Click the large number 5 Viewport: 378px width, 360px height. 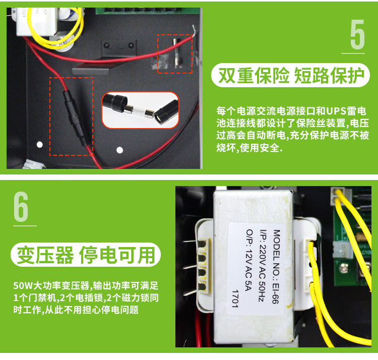[357, 34]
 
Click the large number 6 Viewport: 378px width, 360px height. [21, 207]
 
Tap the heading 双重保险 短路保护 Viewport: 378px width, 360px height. [291, 76]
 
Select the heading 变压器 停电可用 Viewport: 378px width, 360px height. [86, 255]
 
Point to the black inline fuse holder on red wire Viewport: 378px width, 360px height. [74, 117]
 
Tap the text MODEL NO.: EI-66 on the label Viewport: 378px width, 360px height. [276, 266]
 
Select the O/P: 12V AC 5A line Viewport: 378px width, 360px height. [249, 260]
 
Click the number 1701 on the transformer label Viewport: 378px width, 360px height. [235, 299]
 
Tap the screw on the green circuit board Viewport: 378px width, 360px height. [344, 268]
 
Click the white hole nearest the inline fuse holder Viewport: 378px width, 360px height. [39, 144]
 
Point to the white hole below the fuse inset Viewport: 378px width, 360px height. [119, 150]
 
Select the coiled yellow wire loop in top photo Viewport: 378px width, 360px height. [56, 28]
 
